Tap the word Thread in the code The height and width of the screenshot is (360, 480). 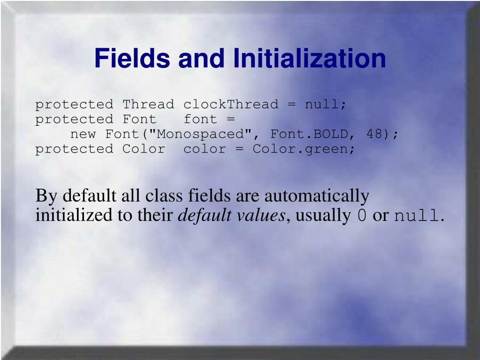click(148, 104)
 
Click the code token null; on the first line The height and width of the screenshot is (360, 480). click(326, 104)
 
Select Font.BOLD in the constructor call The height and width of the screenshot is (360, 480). click(310, 134)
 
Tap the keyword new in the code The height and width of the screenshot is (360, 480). click(83, 134)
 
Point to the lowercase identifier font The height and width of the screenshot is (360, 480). click(200, 119)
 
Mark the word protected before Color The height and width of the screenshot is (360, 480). click(74, 149)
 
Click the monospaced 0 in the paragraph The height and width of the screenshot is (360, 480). click(362, 216)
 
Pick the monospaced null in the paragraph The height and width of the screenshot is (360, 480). click(416, 216)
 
